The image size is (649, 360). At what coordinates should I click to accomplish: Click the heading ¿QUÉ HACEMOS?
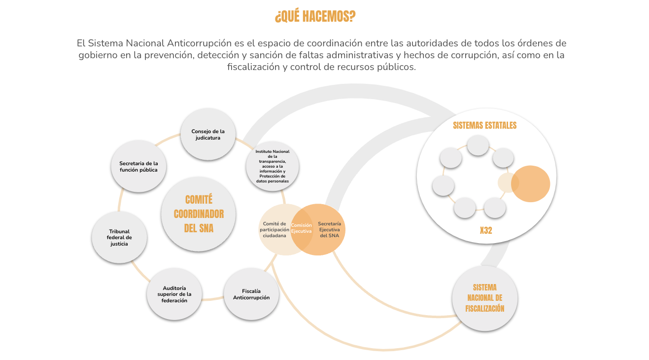[315, 16]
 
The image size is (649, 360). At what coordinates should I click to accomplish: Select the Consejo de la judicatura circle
[208, 134]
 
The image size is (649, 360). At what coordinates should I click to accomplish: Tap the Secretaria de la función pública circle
[138, 166]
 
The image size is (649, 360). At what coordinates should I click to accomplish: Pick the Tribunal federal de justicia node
[119, 237]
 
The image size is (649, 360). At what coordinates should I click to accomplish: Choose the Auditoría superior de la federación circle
[174, 294]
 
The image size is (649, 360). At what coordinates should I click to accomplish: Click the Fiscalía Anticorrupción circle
[251, 294]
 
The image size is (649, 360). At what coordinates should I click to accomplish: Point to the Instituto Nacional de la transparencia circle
[273, 166]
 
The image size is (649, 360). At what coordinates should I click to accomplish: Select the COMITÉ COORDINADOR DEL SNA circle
[199, 214]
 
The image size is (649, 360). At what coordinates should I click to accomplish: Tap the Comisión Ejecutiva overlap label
[301, 228]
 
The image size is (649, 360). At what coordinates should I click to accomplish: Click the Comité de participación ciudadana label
[274, 230]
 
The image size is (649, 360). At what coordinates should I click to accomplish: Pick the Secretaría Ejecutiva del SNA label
[329, 230]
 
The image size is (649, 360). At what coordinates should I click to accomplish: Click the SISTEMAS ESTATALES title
[485, 125]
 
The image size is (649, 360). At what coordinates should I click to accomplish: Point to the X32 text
[486, 230]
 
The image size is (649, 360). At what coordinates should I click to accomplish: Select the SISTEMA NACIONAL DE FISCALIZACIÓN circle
[485, 298]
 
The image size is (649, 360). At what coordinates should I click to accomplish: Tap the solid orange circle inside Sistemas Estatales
[531, 184]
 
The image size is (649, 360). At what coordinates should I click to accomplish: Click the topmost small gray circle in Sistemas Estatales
[478, 145]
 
